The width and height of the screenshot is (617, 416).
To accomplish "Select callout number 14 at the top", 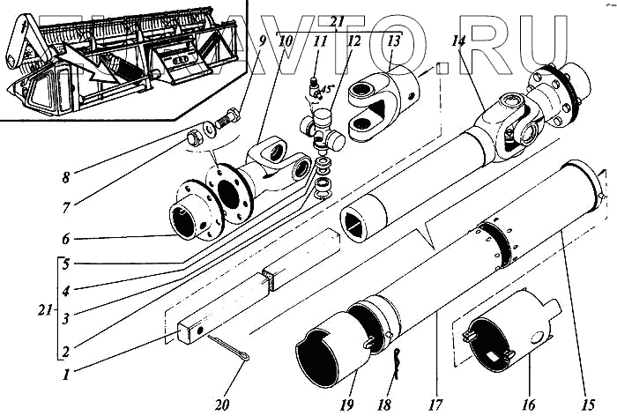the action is [x=457, y=39].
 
